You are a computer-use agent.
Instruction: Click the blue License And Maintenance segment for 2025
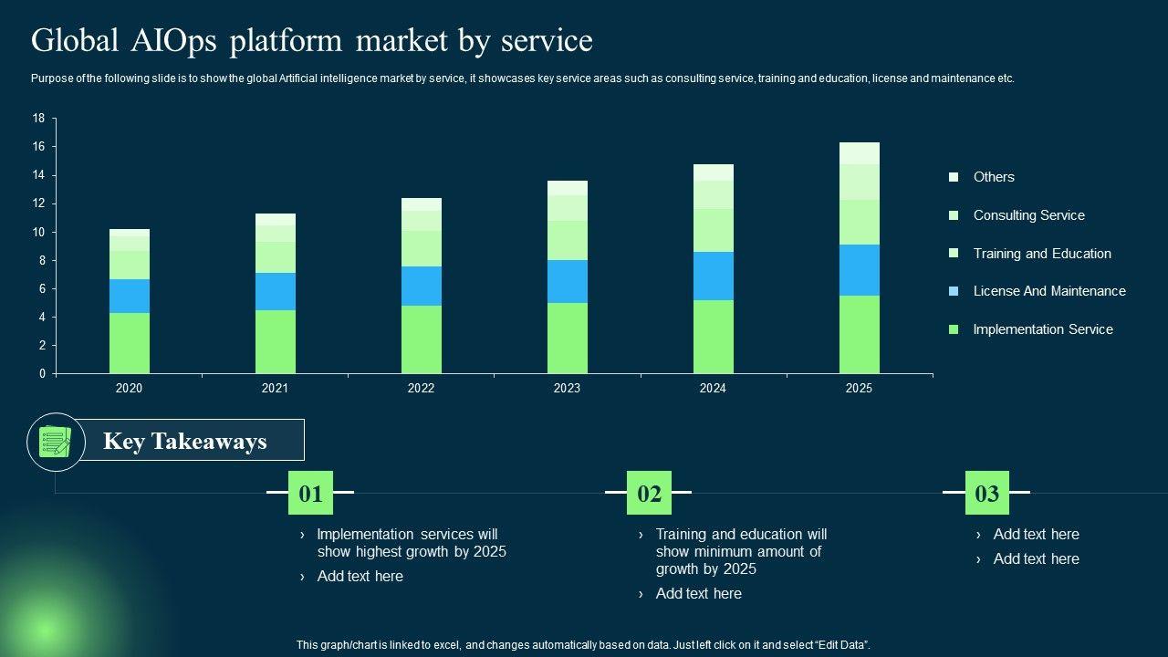tap(859, 270)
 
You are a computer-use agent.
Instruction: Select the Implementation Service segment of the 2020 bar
tap(130, 343)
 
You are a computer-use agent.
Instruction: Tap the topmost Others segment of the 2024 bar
tap(713, 172)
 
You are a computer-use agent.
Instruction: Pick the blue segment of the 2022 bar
tap(422, 286)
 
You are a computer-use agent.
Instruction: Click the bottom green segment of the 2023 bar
tap(568, 338)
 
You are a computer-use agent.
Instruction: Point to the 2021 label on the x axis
tap(275, 388)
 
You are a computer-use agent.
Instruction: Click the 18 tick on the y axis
tap(38, 119)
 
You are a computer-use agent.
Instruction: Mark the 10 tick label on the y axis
tap(38, 232)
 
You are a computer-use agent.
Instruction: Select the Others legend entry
tap(994, 177)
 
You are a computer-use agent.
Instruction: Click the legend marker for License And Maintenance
tap(954, 291)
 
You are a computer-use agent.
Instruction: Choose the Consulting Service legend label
tap(1028, 215)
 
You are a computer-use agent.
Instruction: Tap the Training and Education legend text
tap(1042, 254)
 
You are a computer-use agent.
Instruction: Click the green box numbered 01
tap(311, 494)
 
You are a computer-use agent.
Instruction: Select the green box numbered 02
tap(649, 494)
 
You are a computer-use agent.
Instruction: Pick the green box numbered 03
tap(987, 494)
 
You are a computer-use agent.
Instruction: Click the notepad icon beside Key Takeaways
tap(56, 442)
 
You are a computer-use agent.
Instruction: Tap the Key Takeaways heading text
tap(185, 442)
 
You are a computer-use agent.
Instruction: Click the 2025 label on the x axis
tap(859, 388)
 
